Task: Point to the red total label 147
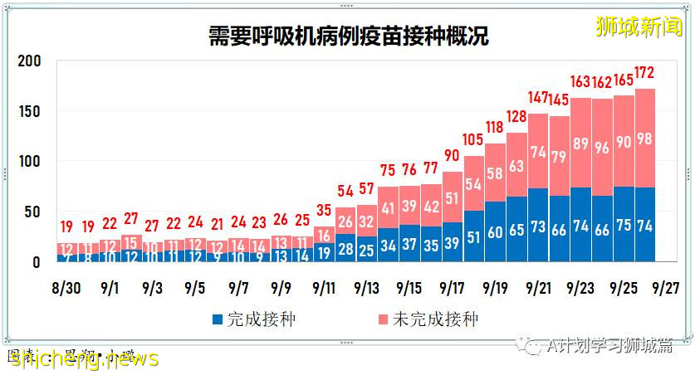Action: coord(537,97)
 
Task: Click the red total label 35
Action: coord(324,210)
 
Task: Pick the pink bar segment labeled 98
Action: coord(645,138)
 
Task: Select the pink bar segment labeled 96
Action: coord(602,149)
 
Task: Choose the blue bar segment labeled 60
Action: coord(495,231)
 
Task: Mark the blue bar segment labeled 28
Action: coord(345,248)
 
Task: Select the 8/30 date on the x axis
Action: coord(66,288)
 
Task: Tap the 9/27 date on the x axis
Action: coord(664,288)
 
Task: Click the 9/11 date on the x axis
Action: coord(324,288)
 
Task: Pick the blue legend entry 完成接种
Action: coord(249,319)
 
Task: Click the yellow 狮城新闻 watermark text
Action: coord(639,26)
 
